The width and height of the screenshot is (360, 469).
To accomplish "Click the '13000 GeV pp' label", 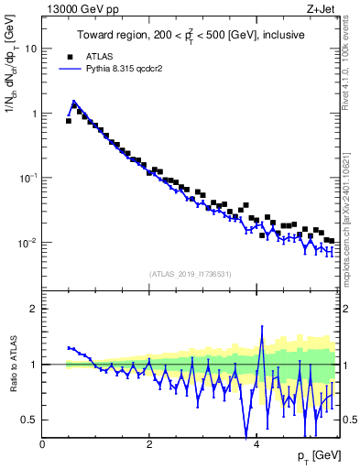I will (x=76, y=10).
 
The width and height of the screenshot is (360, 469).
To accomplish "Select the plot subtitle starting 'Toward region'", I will (x=191, y=35).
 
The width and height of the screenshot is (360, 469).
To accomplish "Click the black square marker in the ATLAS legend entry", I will (x=70, y=55).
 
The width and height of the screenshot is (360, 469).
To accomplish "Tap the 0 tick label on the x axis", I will (x=43, y=442).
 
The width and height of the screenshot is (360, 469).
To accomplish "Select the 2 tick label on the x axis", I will (x=149, y=442).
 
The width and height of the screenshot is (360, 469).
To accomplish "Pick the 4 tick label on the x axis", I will (x=256, y=442).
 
